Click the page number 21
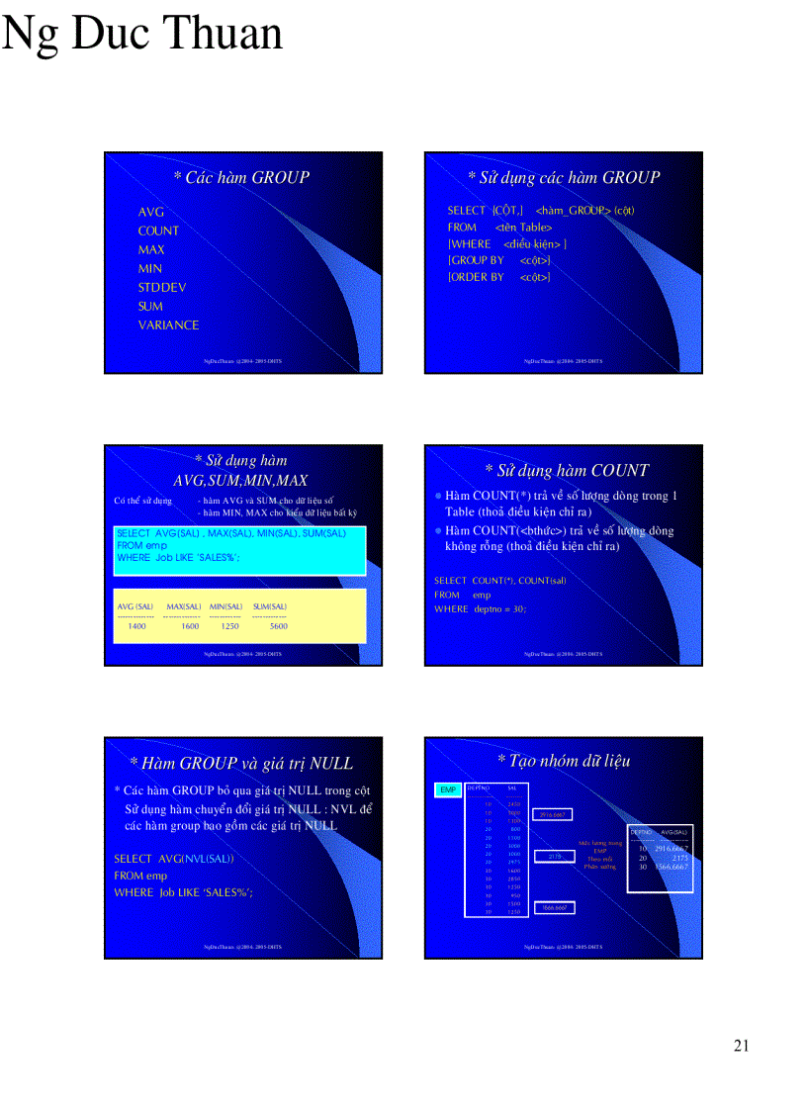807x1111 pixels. pyautogui.click(x=742, y=1047)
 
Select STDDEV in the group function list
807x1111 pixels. pyautogui.click(x=162, y=287)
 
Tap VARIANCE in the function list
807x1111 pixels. pyautogui.click(x=168, y=324)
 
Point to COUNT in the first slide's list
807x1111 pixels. pyautogui.click(x=158, y=231)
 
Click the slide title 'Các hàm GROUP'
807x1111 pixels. pyautogui.click(x=241, y=177)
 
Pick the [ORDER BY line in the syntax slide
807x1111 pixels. pyautogui.click(x=498, y=277)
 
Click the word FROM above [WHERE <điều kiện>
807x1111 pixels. pyautogui.click(x=462, y=227)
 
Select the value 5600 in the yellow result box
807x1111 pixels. pyautogui.click(x=279, y=626)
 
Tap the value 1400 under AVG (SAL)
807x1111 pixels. pyautogui.click(x=136, y=626)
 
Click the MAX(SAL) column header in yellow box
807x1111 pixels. pyautogui.click(x=183, y=605)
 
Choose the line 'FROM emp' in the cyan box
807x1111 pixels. pyautogui.click(x=141, y=545)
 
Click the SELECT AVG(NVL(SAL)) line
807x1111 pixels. pyautogui.click(x=174, y=858)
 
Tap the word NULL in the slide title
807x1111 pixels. pyautogui.click(x=331, y=763)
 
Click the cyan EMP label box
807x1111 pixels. pyautogui.click(x=448, y=789)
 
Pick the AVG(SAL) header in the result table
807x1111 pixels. pyautogui.click(x=673, y=832)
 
